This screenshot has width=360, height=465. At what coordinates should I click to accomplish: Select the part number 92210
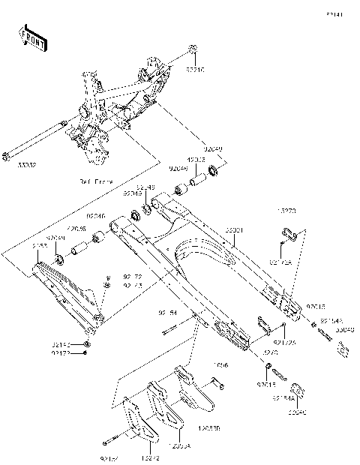click(x=195, y=69)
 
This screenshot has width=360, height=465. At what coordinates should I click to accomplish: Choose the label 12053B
click(x=211, y=429)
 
